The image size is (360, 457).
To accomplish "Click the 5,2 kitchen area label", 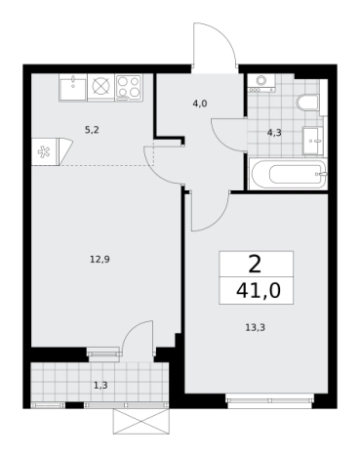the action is click(x=92, y=130).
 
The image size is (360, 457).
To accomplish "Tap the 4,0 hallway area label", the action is click(x=200, y=104).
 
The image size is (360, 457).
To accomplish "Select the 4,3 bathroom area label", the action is click(x=274, y=133).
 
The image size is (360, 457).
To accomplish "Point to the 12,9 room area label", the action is click(x=100, y=260).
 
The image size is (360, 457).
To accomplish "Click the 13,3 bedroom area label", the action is click(x=256, y=327).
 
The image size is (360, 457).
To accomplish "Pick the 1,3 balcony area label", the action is click(x=100, y=386).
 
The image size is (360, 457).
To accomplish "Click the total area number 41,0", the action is click(x=259, y=291).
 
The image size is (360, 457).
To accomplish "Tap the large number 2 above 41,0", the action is click(x=255, y=265).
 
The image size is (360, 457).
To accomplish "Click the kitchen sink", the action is click(x=73, y=88).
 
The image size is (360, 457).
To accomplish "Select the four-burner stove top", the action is click(x=129, y=88).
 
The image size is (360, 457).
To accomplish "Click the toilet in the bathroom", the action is click(x=307, y=103).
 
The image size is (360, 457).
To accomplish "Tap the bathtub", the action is click(x=288, y=174).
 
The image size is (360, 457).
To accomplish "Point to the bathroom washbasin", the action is click(x=312, y=141).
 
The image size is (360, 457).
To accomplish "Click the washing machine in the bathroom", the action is click(x=260, y=83).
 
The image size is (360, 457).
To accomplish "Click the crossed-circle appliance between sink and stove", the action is click(x=101, y=87).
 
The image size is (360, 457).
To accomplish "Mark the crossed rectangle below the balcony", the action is click(x=141, y=422).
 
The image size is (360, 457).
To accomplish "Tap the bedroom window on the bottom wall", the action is click(x=269, y=401).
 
